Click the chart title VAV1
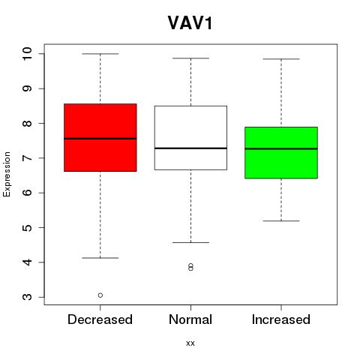click(x=190, y=23)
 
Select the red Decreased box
click(x=100, y=137)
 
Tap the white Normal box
click(x=190, y=138)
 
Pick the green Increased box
click(x=281, y=153)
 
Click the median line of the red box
click(x=100, y=139)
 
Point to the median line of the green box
click(x=281, y=148)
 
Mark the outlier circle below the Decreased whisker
click(x=100, y=295)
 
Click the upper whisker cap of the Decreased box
click(x=100, y=54)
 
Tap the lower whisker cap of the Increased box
click(x=281, y=221)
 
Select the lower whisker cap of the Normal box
click(x=190, y=242)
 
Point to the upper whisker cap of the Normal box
click(x=190, y=58)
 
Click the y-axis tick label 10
click(x=27, y=53)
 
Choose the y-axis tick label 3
click(x=27, y=297)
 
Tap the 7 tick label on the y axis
click(x=27, y=158)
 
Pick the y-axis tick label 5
click(x=27, y=227)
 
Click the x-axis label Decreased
click(x=100, y=319)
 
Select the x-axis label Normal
click(x=190, y=319)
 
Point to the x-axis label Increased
click(x=281, y=319)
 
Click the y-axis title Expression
click(x=7, y=174)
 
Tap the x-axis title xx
click(x=190, y=343)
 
